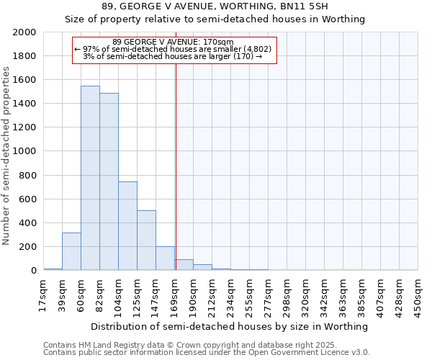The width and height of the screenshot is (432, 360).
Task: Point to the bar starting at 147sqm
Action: point(165,258)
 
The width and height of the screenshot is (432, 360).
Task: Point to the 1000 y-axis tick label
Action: point(25,152)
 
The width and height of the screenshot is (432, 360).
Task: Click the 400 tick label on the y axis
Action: point(28,223)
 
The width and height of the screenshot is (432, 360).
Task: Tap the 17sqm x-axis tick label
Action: point(43,294)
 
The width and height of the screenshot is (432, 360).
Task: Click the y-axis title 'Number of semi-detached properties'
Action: point(6,156)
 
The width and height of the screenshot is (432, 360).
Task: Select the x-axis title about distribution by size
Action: point(230,326)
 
